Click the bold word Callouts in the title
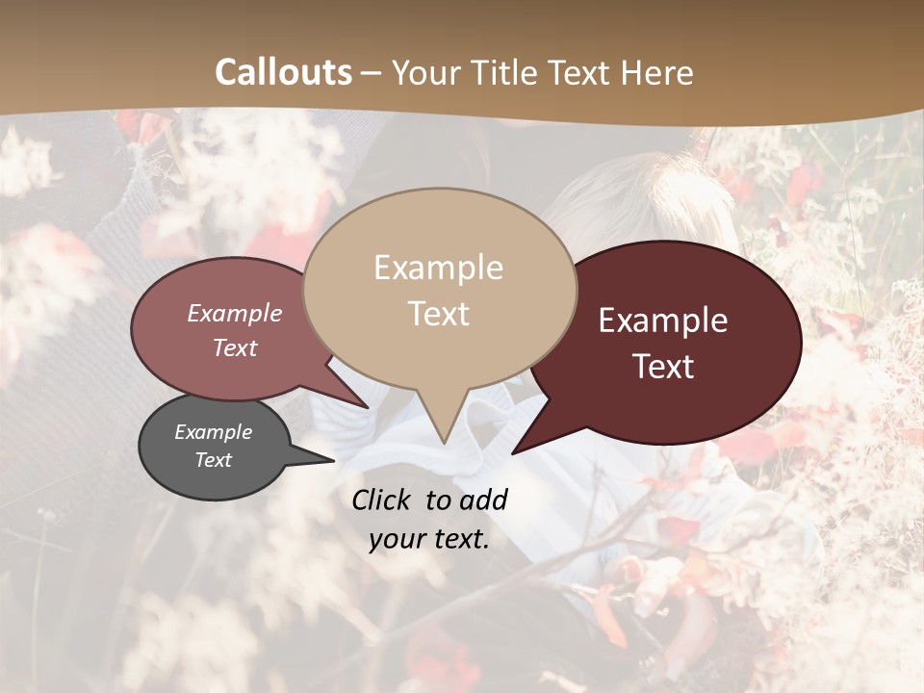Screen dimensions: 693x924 [283, 72]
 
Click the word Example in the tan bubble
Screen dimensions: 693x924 [438, 268]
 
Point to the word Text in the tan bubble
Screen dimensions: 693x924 [438, 314]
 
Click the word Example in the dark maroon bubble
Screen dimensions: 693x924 [663, 321]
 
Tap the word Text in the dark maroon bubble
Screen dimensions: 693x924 [663, 367]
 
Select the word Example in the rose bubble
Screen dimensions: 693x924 [235, 313]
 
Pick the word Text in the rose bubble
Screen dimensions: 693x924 [235, 347]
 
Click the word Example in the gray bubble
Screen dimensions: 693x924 [213, 432]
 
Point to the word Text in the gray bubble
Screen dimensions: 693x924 [213, 460]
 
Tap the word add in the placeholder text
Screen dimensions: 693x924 [483, 500]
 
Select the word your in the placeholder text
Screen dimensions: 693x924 [394, 539]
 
